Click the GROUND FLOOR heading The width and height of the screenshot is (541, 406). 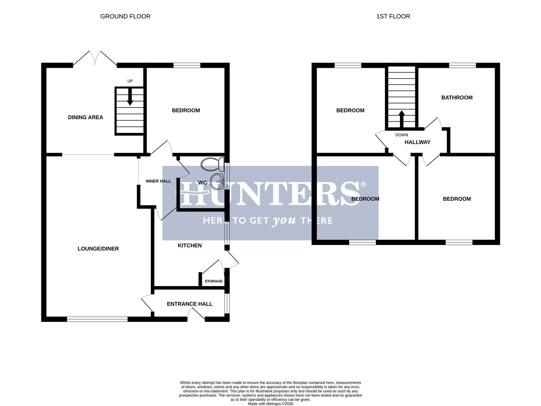(125, 17)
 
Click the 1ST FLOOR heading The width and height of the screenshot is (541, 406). (393, 17)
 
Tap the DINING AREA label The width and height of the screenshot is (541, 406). (85, 117)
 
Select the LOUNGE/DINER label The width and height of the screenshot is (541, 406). (98, 248)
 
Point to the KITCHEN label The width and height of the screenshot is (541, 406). (190, 245)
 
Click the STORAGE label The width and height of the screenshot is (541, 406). (213, 281)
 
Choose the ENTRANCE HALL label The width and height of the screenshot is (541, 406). (190, 304)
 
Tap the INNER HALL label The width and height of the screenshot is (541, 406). (158, 181)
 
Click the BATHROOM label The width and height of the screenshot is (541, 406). (457, 98)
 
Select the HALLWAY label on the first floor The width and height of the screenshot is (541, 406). (417, 142)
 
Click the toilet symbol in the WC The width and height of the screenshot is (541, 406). (212, 164)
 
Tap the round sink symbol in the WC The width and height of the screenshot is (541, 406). (217, 181)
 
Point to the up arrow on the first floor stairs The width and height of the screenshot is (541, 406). (401, 118)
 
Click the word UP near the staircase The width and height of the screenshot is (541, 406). (130, 81)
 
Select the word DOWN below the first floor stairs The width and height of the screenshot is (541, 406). (401, 135)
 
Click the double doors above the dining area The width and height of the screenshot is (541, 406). (95, 59)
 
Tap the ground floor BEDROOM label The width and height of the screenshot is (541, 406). (186, 111)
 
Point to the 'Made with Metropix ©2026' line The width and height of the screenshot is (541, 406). (270, 404)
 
